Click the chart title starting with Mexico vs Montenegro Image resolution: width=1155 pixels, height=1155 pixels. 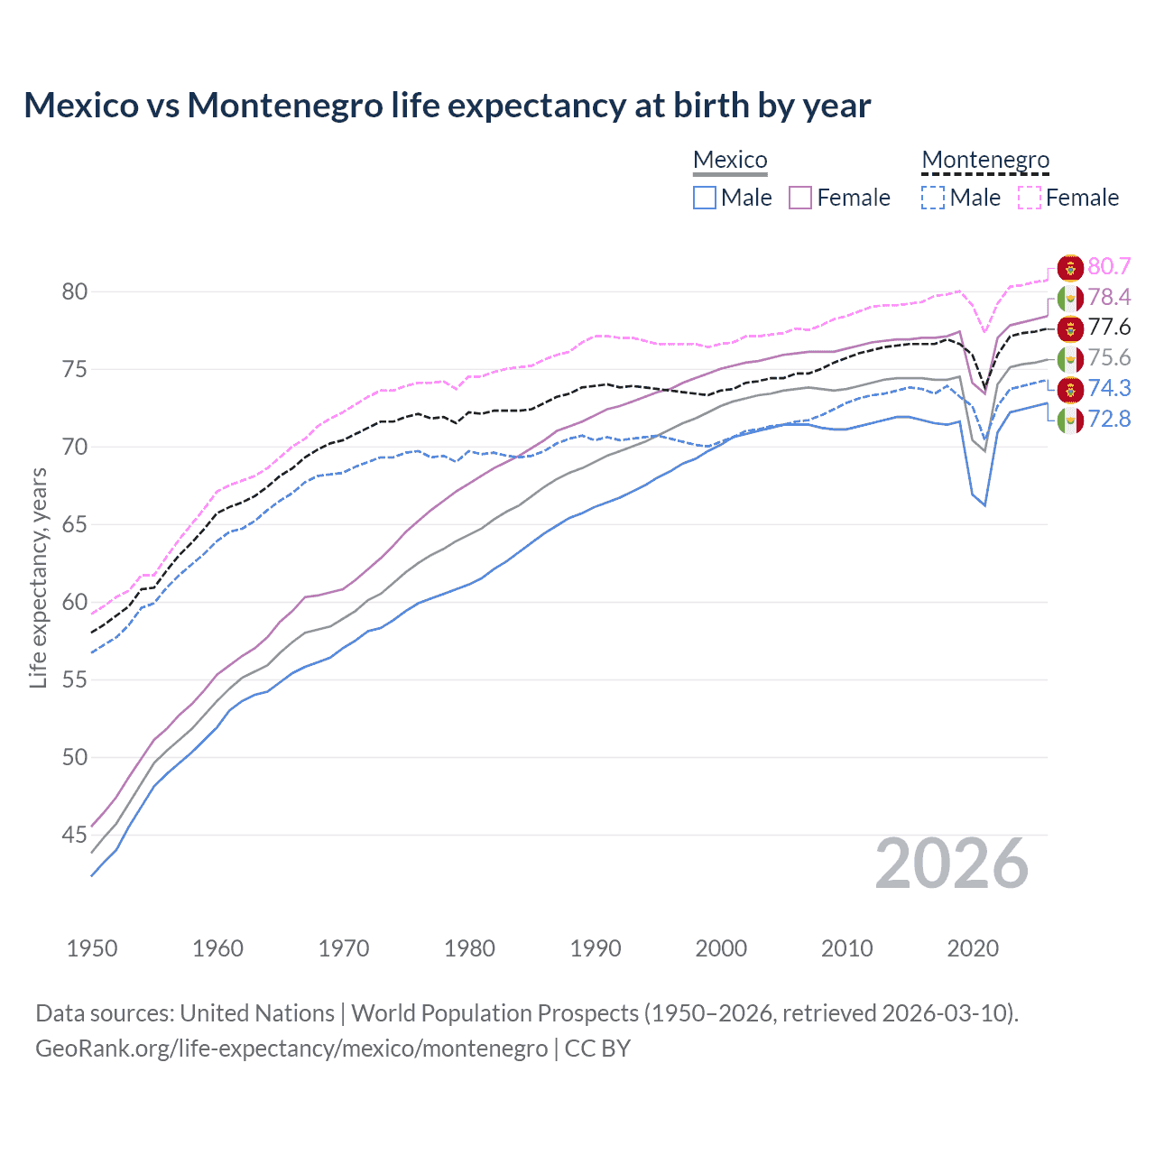[447, 106]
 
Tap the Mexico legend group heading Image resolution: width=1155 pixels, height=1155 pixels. [730, 160]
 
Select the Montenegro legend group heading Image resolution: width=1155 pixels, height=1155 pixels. [985, 160]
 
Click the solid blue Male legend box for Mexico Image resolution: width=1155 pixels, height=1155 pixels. [705, 198]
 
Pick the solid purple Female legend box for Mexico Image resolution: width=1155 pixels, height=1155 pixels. [800, 198]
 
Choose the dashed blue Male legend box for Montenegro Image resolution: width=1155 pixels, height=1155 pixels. [933, 198]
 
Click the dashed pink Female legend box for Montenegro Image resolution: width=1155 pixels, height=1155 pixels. [1029, 198]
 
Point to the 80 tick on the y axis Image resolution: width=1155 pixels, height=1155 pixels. [75, 291]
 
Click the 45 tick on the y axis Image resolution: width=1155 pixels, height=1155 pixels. [75, 836]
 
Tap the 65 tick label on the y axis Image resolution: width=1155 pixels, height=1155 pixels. [75, 524]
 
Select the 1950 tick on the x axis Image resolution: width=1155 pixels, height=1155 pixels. [92, 948]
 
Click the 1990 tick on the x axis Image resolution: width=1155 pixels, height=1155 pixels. [596, 948]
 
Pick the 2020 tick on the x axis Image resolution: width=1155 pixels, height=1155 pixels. [973, 948]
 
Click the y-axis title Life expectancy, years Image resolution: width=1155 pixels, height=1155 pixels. [39, 577]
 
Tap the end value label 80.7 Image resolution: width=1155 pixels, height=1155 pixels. [1109, 266]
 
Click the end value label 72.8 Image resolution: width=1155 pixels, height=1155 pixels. [1109, 419]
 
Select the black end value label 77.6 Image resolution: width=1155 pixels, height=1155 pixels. [1109, 327]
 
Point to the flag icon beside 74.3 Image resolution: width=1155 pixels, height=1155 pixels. [1070, 389]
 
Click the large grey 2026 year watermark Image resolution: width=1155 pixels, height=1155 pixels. [952, 864]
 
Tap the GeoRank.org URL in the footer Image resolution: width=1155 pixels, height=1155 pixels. [291, 1049]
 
